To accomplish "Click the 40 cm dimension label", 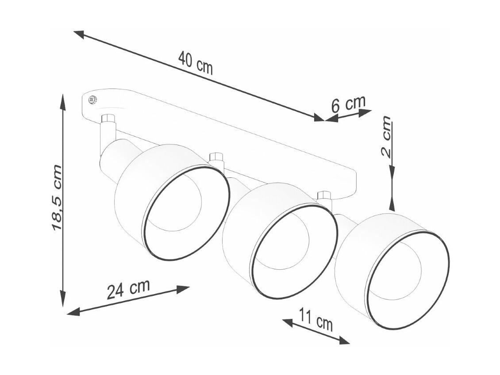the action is pos(195,63).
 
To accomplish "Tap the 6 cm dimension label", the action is pos(348,104).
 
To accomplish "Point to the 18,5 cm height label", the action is pos(57,198).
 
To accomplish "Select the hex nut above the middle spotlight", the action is pos(215,157).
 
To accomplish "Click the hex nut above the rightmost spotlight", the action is pos(324,195).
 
